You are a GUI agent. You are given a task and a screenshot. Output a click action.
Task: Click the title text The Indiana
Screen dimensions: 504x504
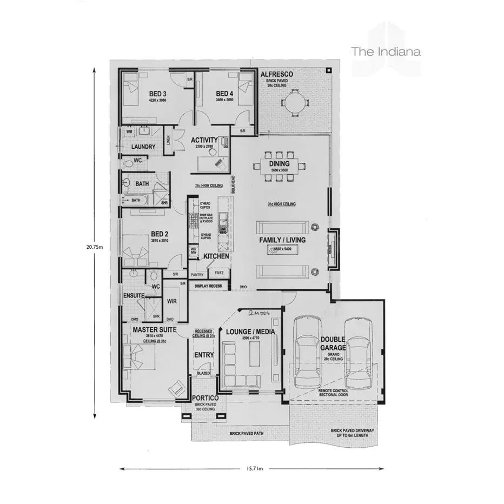pyautogui.click(x=386, y=52)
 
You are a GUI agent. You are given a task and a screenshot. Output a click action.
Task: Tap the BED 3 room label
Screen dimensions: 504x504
pyautogui.click(x=157, y=94)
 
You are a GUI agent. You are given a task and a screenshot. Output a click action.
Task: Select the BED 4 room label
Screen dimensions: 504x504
pyautogui.click(x=224, y=94)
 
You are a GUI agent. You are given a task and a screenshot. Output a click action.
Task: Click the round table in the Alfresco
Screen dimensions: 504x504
pyautogui.click(x=295, y=103)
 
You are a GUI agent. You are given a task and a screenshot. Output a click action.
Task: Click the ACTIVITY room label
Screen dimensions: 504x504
pyautogui.click(x=204, y=140)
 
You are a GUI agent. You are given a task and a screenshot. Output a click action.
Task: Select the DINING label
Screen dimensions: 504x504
pyautogui.click(x=280, y=163)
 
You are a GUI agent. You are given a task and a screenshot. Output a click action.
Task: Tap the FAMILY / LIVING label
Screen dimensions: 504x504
pyautogui.click(x=282, y=239)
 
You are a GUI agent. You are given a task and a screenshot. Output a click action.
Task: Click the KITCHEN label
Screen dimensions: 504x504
pyautogui.click(x=216, y=256)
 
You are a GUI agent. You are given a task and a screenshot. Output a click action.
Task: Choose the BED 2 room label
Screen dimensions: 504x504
pyautogui.click(x=161, y=234)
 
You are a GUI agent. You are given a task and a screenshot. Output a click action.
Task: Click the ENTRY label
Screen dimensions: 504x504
pyautogui.click(x=203, y=355)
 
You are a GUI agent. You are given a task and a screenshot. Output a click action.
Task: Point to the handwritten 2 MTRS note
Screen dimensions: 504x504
pyautogui.click(x=258, y=314)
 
